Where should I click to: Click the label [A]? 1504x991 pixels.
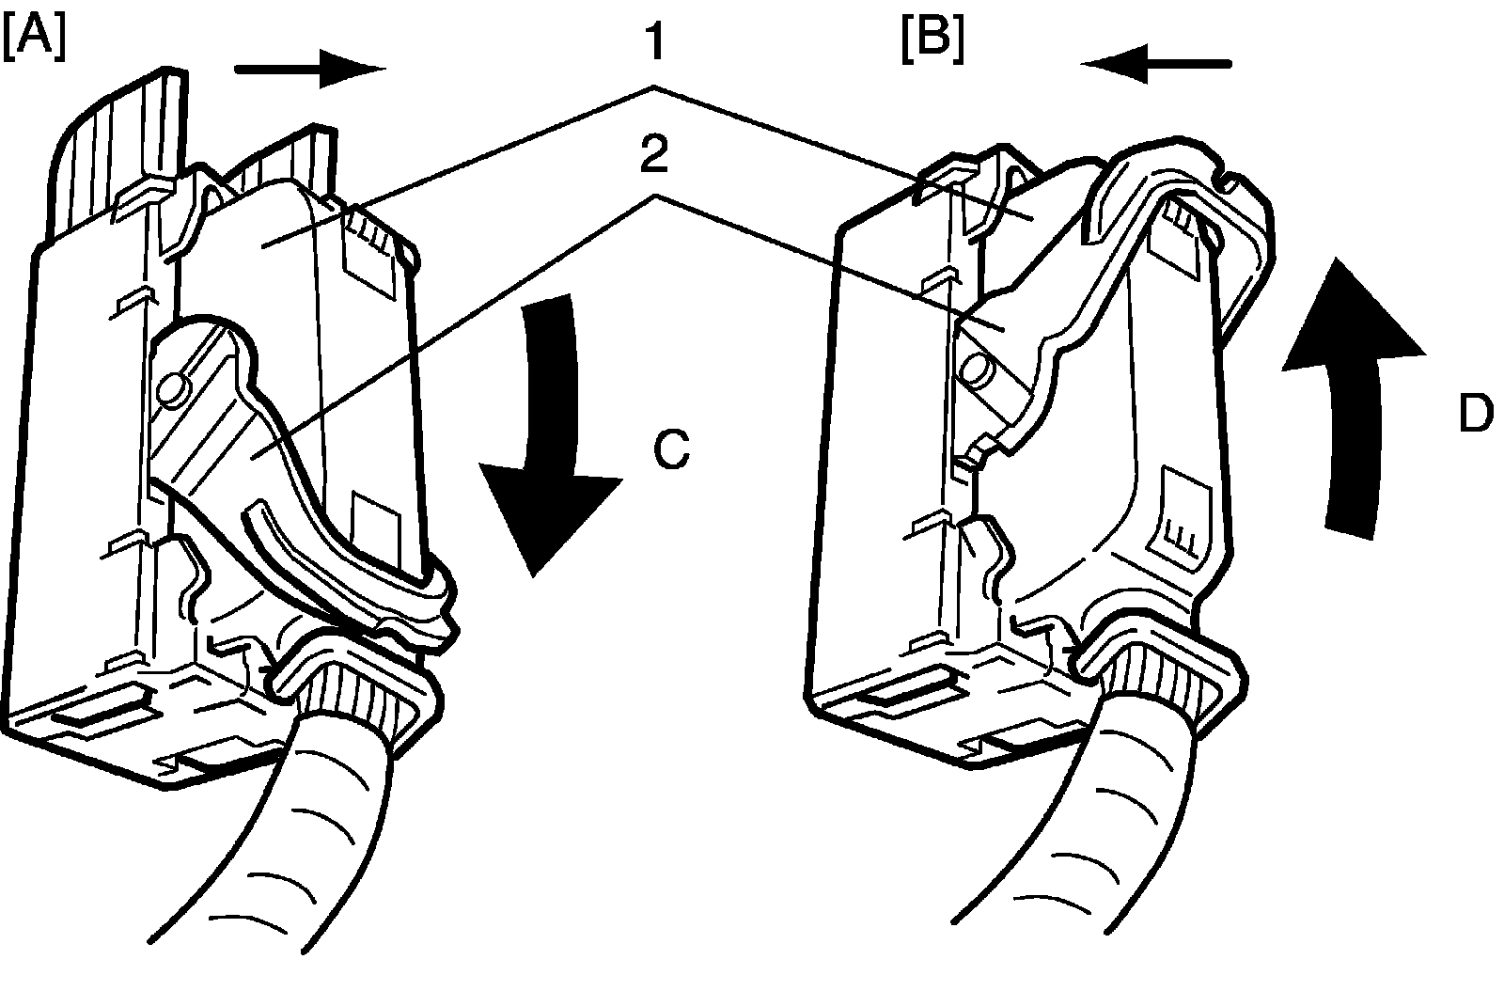click(35, 39)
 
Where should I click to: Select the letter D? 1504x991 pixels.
click(1476, 414)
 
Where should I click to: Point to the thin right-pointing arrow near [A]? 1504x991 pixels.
click(310, 69)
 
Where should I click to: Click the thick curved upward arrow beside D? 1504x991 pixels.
click(1354, 385)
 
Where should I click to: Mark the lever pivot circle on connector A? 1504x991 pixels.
click(171, 387)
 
